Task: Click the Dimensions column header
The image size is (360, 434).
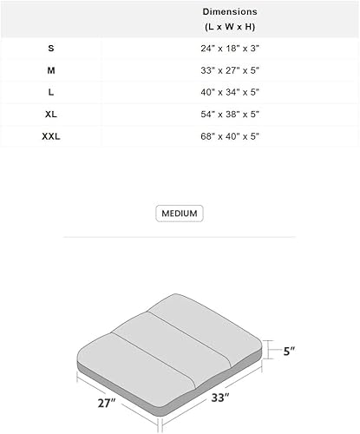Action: [x=230, y=12]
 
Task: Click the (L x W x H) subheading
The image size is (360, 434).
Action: [x=230, y=28]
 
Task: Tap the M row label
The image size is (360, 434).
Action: [x=50, y=69]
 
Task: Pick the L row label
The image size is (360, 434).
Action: [x=50, y=92]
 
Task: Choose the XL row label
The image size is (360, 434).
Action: [x=50, y=114]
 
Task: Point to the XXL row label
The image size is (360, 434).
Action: [x=50, y=136]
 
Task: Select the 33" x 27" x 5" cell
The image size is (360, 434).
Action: [x=230, y=69]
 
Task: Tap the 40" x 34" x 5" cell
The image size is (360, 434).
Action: [x=230, y=92]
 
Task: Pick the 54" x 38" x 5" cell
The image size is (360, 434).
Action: [x=230, y=114]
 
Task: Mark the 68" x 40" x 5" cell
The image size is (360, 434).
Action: [x=230, y=136]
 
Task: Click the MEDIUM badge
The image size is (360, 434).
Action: [x=180, y=214]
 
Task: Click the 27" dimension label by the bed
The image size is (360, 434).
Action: [x=106, y=402]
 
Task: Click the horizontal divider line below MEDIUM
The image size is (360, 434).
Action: [x=180, y=236]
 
